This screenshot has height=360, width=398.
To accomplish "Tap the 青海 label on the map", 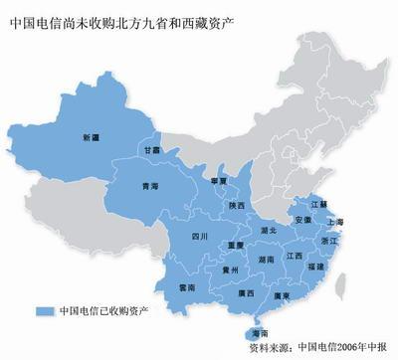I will pos(150,186).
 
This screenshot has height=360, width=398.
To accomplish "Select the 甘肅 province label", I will pos(151,149).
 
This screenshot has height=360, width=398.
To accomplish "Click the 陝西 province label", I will pos(236,206).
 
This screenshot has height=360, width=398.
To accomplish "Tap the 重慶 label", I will pos(235,245).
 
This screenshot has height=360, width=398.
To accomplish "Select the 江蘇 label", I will pos(318,204).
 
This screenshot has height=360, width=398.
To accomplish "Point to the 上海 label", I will pos(334,223).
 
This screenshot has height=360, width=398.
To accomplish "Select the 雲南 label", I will pos(187,285).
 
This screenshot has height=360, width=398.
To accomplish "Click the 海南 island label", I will pos(259,337).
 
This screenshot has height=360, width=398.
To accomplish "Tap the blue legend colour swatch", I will pos(42,309).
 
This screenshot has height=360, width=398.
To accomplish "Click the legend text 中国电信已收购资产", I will pos(97,309).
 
